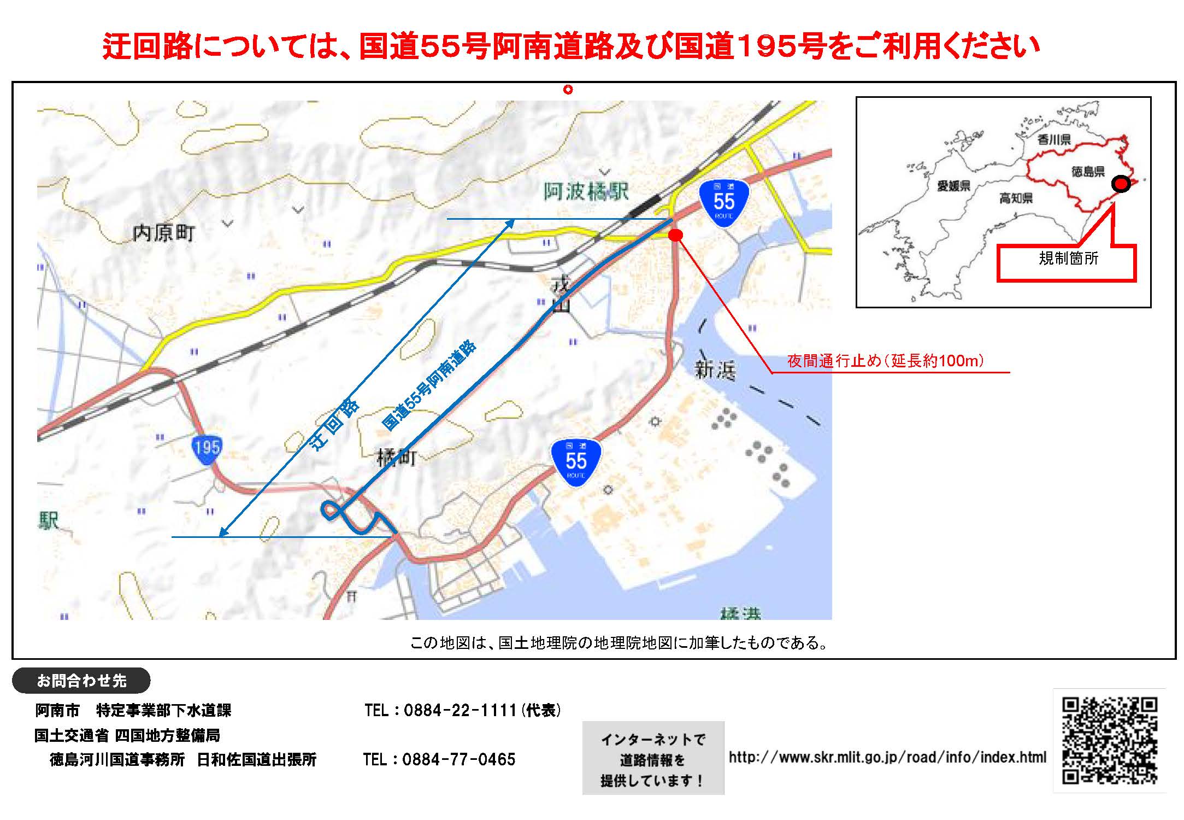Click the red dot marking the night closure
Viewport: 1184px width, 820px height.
676,235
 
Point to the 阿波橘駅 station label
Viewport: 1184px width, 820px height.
586,192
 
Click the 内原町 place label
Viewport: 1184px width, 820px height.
163,233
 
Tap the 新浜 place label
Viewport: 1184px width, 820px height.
715,371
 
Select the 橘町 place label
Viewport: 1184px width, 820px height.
397,457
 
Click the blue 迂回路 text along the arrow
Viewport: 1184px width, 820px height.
334,424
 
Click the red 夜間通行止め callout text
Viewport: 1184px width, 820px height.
885,361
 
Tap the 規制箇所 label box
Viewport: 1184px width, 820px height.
1068,259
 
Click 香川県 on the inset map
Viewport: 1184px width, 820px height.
1054,140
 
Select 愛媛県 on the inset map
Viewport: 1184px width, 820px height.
953,186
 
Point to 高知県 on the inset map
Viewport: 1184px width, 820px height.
1016,198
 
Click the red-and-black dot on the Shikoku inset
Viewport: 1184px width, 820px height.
1121,184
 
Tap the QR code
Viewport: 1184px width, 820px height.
1109,741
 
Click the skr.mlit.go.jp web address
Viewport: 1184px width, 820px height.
887,757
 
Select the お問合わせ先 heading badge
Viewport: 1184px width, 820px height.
81,681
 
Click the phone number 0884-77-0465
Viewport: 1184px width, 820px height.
458,759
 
